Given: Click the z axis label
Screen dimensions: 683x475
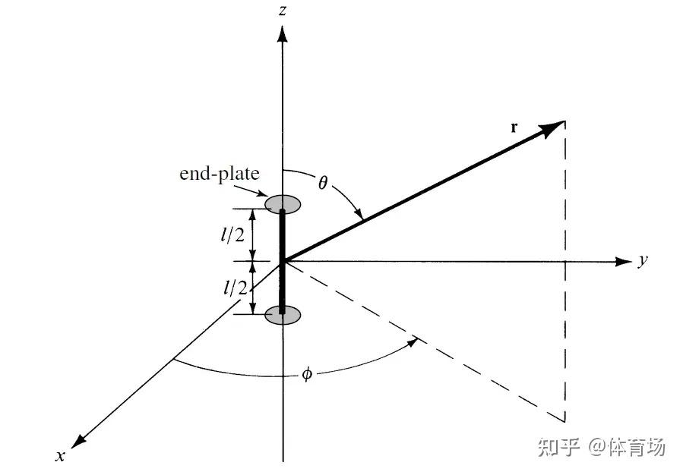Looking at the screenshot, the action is pos(282,10).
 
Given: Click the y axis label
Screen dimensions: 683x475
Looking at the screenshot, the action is pos(643,261).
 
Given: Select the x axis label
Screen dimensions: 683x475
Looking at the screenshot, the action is pos(59,455).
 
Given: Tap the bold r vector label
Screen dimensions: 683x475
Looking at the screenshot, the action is pos(514,127).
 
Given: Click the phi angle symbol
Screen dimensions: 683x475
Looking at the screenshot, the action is pos(307,374).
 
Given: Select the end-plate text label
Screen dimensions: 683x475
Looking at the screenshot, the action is pos(219,174).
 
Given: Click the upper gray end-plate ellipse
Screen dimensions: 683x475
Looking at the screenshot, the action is pos(282,203).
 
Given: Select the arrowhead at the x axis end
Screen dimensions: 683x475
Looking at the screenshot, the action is pos(78,439).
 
